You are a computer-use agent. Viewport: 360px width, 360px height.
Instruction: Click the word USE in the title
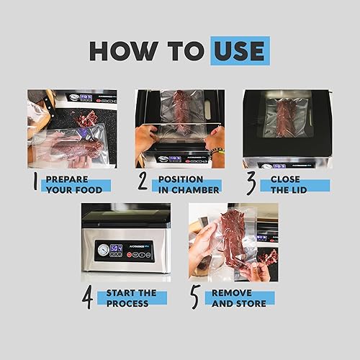[240, 50]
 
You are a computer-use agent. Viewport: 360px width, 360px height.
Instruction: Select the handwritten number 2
[143, 182]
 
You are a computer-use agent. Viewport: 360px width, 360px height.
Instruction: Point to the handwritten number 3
[250, 182]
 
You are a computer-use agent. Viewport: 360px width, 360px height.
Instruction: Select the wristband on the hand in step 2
[215, 150]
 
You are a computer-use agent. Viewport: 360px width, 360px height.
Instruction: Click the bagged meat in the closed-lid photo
[286, 117]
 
